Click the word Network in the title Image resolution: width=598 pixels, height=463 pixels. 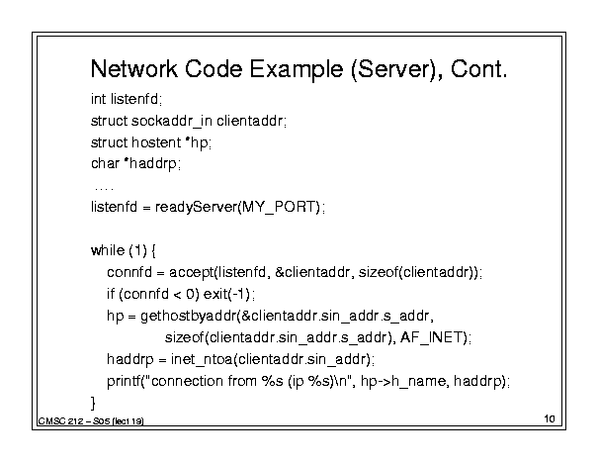coord(134,69)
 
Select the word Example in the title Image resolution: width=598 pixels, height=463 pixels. coord(296,70)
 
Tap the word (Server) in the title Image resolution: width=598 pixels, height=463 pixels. coord(396,70)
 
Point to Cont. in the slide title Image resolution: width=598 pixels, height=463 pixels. coord(479,69)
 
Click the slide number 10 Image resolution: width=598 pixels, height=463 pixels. coord(550,418)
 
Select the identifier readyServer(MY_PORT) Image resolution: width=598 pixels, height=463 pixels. coord(237,207)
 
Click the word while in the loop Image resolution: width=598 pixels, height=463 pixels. coord(108,250)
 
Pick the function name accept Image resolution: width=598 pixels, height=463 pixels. coord(192,272)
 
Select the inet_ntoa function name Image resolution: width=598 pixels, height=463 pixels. coord(202,359)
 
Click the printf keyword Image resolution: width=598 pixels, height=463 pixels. coord(124,381)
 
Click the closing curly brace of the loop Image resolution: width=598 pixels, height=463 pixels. coord(93,403)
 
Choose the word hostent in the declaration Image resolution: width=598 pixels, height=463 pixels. coord(156,142)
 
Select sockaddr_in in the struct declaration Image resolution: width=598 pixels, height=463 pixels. coord(172,121)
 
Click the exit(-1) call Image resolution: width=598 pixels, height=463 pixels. coord(226,294)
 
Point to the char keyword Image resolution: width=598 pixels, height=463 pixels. coord(105,163)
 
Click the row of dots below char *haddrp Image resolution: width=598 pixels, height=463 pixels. coord(104,188)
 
